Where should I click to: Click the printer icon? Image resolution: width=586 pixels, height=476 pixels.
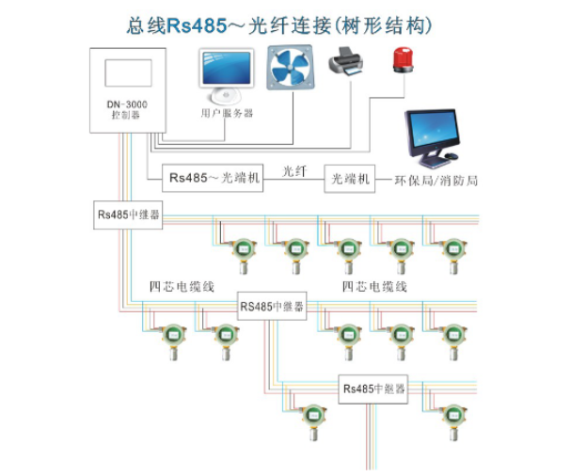tap(344, 65)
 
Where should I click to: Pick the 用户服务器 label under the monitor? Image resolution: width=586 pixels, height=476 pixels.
tap(227, 113)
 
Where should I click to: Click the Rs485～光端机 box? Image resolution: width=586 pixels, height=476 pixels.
tap(214, 176)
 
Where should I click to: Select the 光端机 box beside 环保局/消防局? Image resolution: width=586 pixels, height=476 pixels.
tap(348, 177)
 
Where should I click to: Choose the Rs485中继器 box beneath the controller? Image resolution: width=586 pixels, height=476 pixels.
tap(127, 214)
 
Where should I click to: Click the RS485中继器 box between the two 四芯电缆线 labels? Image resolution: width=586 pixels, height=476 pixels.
tap(272, 306)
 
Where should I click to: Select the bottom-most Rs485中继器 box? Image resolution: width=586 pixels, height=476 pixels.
tap(373, 388)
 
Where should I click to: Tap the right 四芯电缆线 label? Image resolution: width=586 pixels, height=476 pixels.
tap(374, 286)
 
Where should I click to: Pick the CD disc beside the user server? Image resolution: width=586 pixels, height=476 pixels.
tap(223, 95)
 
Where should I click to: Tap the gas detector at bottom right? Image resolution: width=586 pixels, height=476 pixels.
tap(454, 417)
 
